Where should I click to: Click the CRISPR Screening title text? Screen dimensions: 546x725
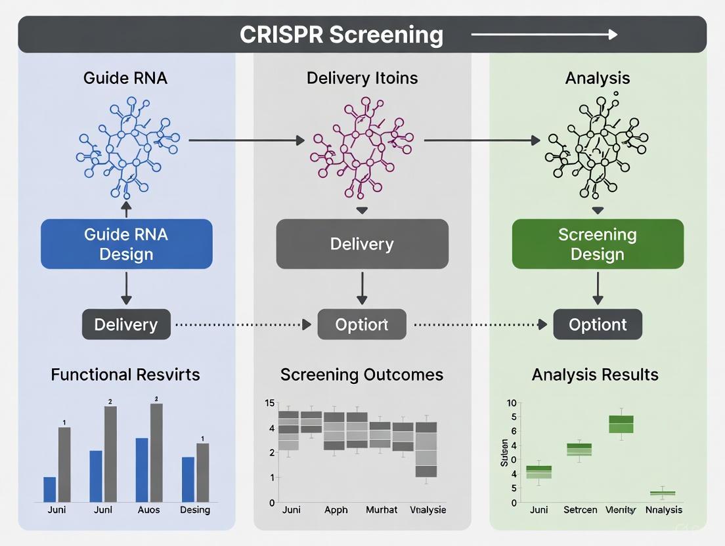341,34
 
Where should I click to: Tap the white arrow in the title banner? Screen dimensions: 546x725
544,34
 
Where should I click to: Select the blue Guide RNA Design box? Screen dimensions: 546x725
126,244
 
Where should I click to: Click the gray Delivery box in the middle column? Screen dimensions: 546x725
362,244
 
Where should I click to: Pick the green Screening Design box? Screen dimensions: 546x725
597,244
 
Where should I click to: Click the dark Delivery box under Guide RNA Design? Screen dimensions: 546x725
126,324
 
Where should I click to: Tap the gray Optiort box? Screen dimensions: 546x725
362,324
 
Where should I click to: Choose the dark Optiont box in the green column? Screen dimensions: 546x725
597,324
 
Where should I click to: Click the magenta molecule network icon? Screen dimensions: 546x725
362,144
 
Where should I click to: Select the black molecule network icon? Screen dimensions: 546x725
597,146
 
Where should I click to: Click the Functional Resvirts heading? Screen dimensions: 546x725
125,375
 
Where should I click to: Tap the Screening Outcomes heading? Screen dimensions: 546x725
362,375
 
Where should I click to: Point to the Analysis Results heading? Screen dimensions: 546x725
595,375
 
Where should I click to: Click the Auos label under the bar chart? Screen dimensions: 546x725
149,510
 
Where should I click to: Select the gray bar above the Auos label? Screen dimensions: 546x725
156,453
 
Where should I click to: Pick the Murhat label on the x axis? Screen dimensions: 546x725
382,510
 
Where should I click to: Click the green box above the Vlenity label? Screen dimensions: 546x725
621,424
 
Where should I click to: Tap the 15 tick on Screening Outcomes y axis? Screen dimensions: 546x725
269,403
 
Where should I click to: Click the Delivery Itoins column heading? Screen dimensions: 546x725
362,78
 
